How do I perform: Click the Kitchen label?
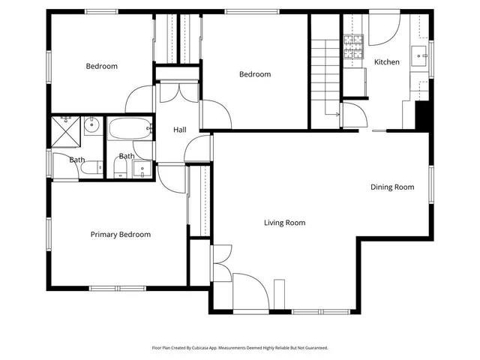click(387, 62)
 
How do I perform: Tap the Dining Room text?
click(392, 187)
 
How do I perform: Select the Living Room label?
click(284, 223)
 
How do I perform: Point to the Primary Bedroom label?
click(120, 235)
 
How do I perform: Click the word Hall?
click(180, 130)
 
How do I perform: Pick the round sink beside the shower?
click(91, 126)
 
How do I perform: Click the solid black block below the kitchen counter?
click(422, 115)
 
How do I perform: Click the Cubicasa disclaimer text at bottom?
click(240, 348)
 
